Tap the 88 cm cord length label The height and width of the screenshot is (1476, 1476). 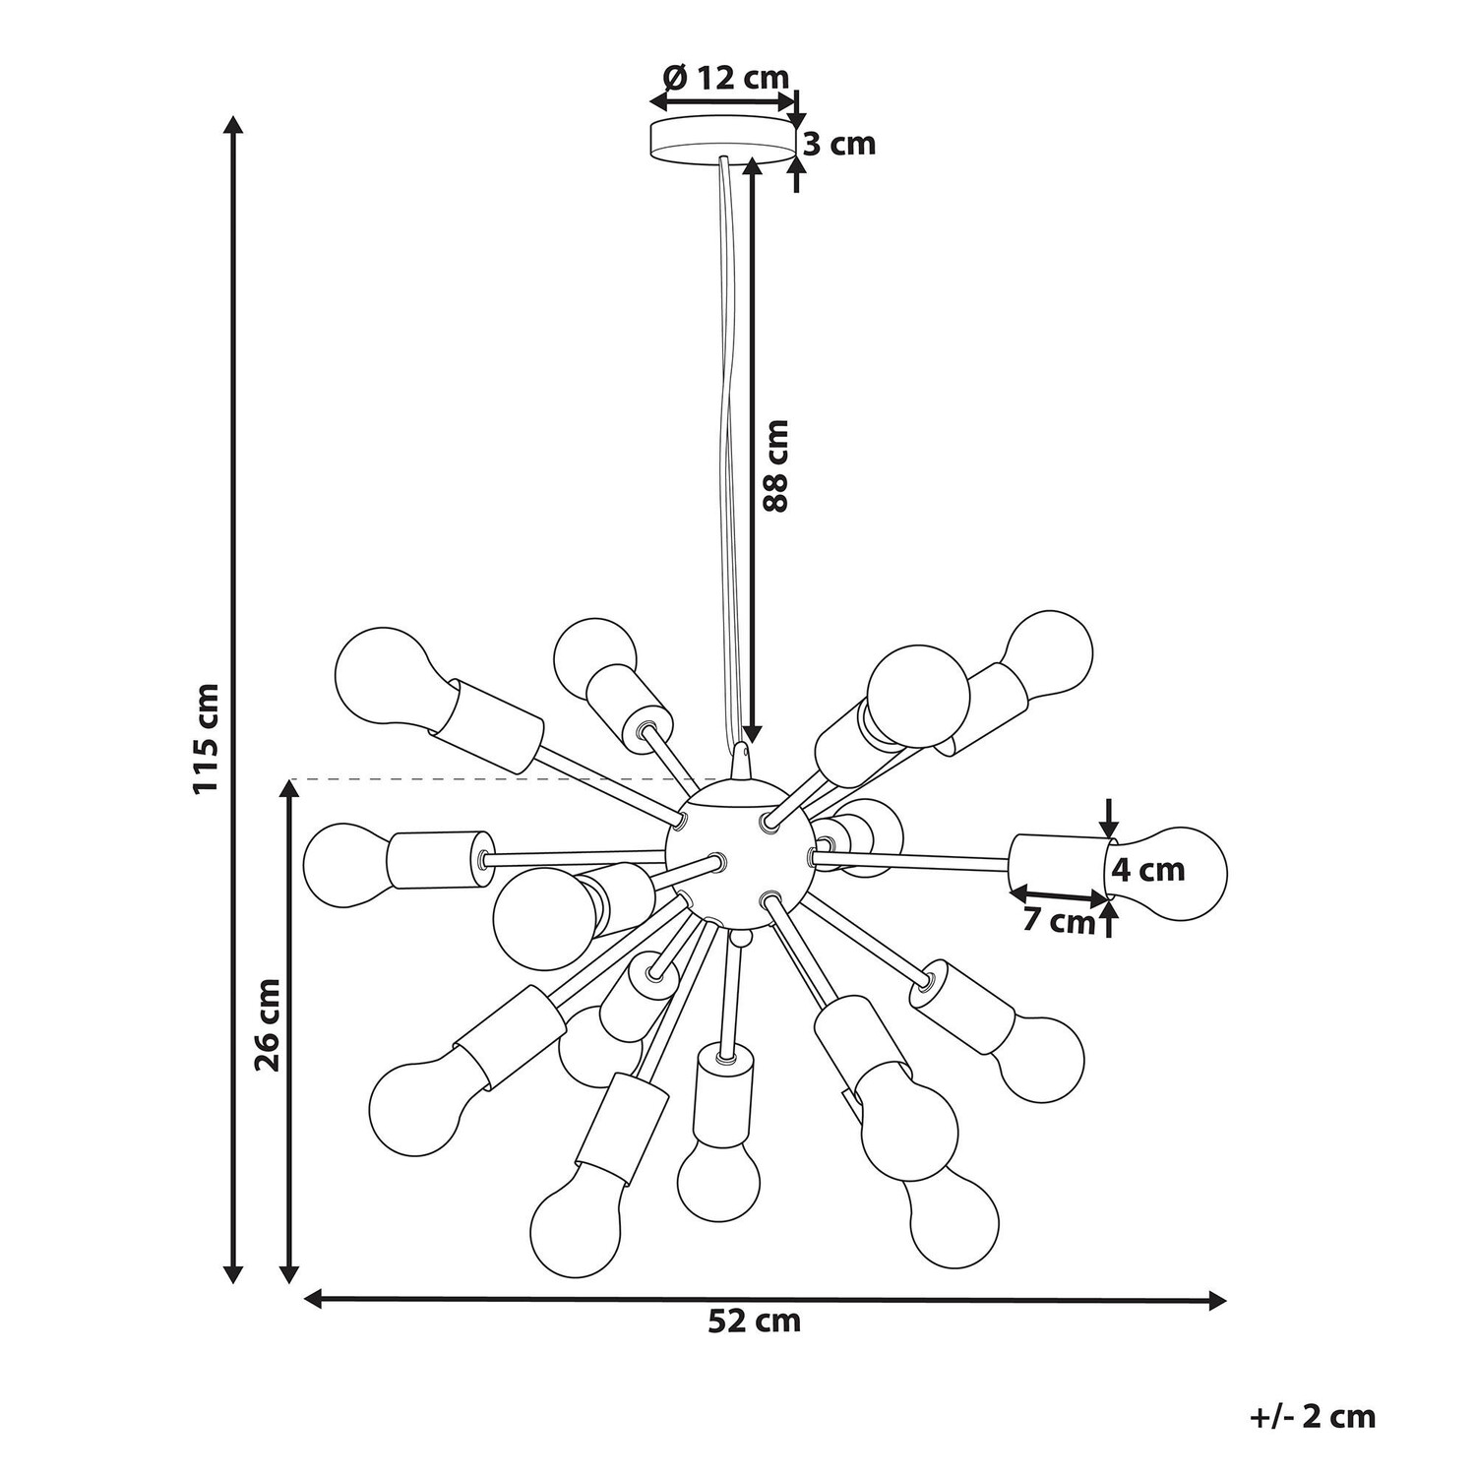coord(777,465)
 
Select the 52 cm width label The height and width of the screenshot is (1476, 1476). coord(755,1321)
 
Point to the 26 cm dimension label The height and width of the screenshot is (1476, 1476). coord(268,1024)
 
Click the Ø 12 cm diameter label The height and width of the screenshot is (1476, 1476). coord(726,76)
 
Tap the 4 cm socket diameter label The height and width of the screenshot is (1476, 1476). coord(1148,870)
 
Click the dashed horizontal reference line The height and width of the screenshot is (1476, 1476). coord(492,779)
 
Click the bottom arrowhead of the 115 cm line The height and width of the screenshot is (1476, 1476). coord(233,1271)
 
